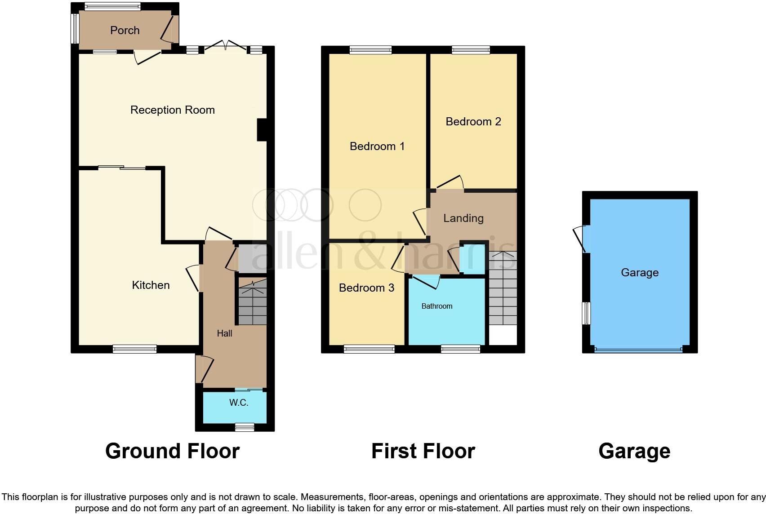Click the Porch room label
(125, 30)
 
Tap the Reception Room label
(172, 110)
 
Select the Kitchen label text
(151, 285)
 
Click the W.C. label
(239, 403)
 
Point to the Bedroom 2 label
(473, 122)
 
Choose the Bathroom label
(436, 306)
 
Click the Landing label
(463, 218)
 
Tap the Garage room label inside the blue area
(639, 273)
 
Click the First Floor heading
(423, 451)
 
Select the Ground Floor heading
(172, 451)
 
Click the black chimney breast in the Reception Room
(262, 130)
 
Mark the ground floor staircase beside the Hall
(252, 302)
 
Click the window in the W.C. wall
(245, 427)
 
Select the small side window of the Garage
(586, 313)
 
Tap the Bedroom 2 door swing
(450, 184)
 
